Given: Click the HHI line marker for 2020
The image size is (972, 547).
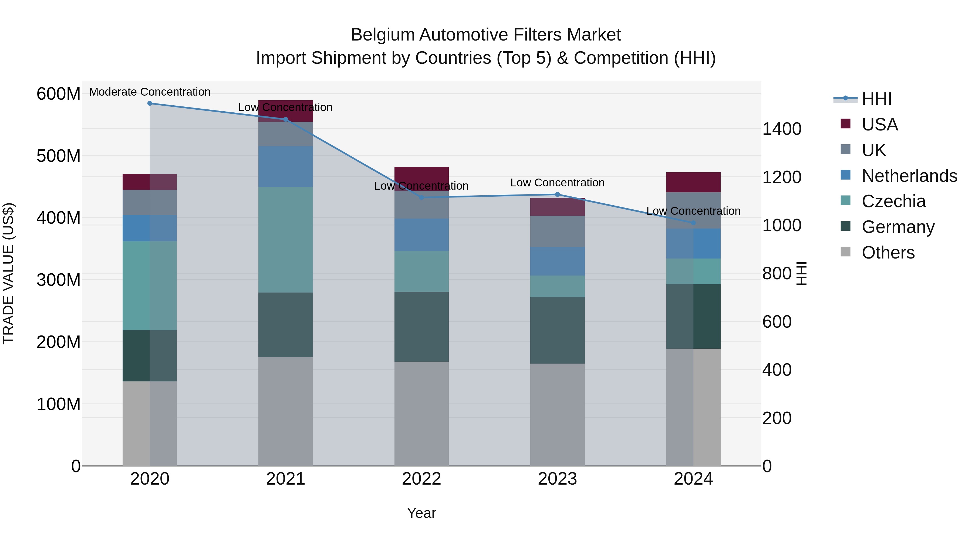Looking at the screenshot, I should pyautogui.click(x=150, y=103).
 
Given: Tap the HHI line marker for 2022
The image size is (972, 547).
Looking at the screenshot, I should pyautogui.click(x=421, y=197).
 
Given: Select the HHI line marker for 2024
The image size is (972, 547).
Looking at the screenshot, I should pyautogui.click(x=693, y=223).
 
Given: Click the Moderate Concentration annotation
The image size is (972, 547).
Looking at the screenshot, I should pyautogui.click(x=150, y=92).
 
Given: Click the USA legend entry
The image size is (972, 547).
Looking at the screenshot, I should pyautogui.click(x=879, y=125).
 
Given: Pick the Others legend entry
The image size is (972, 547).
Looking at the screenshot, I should pyautogui.click(x=888, y=253).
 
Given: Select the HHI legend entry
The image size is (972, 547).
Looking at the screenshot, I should pyautogui.click(x=876, y=99).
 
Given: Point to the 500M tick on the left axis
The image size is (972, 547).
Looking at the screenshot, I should pyautogui.click(x=59, y=156).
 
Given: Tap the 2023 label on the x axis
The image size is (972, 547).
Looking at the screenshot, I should pyautogui.click(x=557, y=479).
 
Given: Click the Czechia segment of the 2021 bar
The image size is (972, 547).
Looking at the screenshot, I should pyautogui.click(x=286, y=239).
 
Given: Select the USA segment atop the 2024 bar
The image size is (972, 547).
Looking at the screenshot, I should pyautogui.click(x=693, y=182).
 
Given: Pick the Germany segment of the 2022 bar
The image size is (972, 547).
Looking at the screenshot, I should pyautogui.click(x=421, y=327).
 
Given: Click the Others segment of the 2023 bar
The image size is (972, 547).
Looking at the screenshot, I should pyautogui.click(x=557, y=414).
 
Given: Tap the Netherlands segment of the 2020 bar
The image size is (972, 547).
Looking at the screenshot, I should pyautogui.click(x=150, y=228).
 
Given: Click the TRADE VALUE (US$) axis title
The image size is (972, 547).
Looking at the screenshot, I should pyautogui.click(x=8, y=273).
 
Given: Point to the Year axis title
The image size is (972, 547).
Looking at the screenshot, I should pyautogui.click(x=421, y=513).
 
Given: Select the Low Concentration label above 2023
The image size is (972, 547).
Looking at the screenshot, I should pyautogui.click(x=557, y=183).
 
